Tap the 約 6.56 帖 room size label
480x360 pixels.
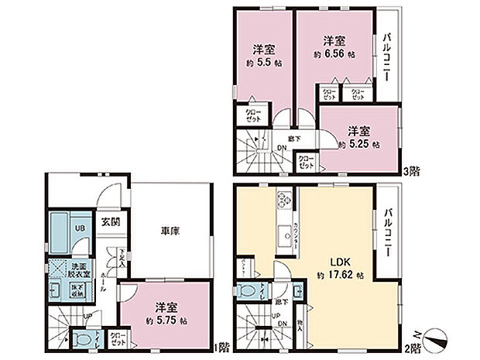[x=334, y=56]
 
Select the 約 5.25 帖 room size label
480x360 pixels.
[x=358, y=144]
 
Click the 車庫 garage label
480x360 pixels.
[x=171, y=231]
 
